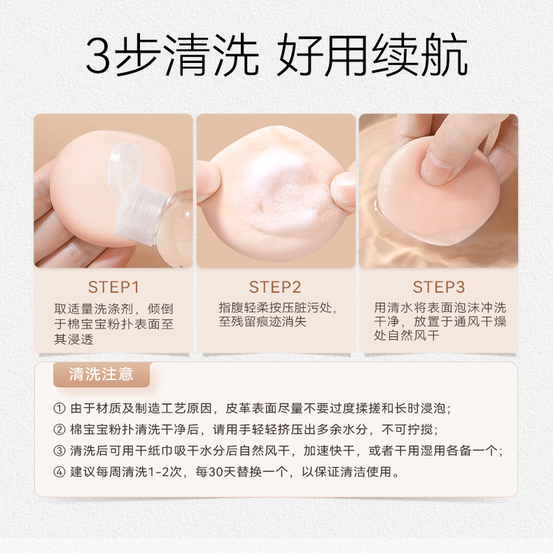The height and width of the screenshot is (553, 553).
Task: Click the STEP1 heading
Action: pyautogui.click(x=113, y=287)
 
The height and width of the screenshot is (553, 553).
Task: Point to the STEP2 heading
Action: pyautogui.click(x=275, y=287)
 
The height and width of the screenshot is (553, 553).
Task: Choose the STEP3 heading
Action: pyautogui.click(x=438, y=287)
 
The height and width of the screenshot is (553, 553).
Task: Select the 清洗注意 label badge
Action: pyautogui.click(x=101, y=374)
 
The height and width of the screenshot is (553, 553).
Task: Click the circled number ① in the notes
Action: pyautogui.click(x=58, y=409)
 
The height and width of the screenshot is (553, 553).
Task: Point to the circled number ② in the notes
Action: pyautogui.click(x=58, y=430)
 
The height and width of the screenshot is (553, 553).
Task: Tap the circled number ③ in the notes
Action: pyautogui.click(x=58, y=451)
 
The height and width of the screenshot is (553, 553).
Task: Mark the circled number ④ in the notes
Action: pyautogui.click(x=58, y=472)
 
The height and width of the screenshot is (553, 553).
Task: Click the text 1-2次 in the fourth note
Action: pyautogui.click(x=162, y=472)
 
